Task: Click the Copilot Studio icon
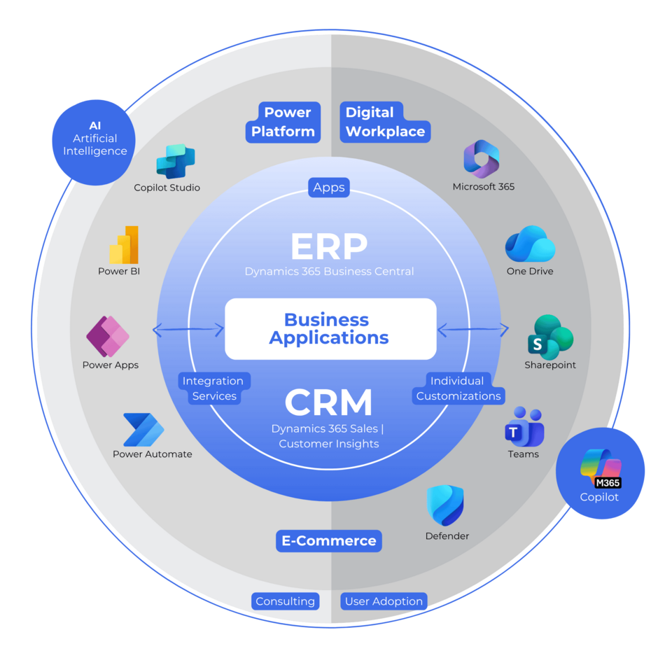(x=175, y=162)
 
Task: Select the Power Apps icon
(x=108, y=337)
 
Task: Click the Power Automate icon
(x=143, y=429)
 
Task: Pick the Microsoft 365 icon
(x=481, y=160)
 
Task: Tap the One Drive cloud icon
(x=530, y=244)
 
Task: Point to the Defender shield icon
(x=446, y=506)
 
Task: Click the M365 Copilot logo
(x=601, y=468)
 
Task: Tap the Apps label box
(x=329, y=187)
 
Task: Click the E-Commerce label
(x=329, y=540)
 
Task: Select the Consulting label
(x=285, y=601)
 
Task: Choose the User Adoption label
(x=384, y=601)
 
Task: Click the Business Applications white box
(x=330, y=328)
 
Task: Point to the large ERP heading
(x=329, y=246)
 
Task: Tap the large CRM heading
(x=329, y=403)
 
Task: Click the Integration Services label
(x=213, y=388)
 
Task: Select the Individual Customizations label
(x=458, y=388)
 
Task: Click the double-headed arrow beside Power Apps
(x=188, y=329)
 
